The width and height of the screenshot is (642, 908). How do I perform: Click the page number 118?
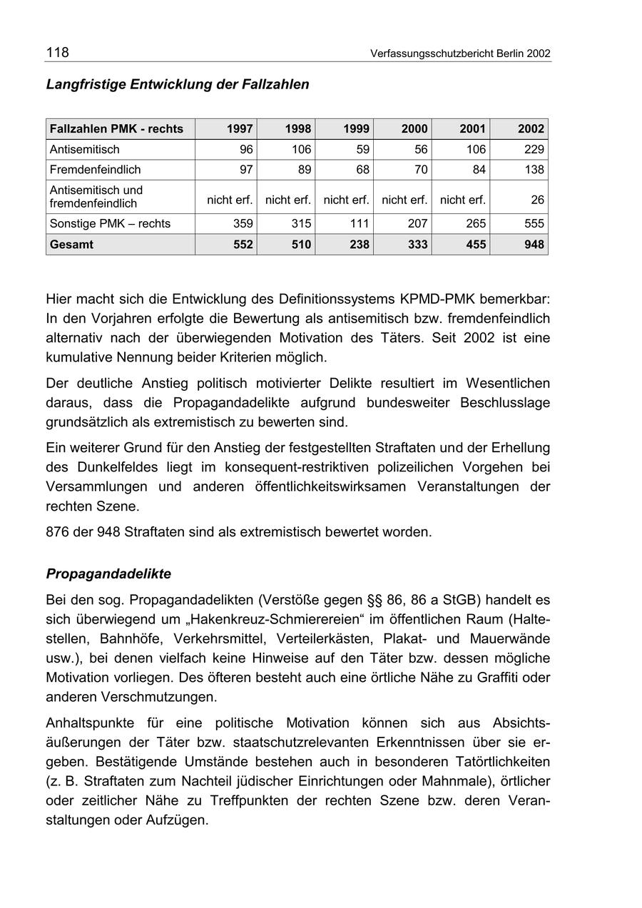pos(58,52)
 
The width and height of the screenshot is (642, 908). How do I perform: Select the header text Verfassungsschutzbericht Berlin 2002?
pos(460,53)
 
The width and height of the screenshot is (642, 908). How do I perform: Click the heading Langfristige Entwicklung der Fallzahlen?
pos(178,84)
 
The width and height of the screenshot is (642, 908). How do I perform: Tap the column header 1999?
pos(356,129)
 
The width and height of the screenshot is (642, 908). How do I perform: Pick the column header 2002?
pos(531,129)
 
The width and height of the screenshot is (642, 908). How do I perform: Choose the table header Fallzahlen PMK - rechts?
pos(116,129)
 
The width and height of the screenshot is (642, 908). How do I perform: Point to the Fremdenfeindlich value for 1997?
pos(243,170)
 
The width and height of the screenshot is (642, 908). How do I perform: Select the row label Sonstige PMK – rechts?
pos(110,223)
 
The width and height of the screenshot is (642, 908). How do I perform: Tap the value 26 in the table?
pos(537,200)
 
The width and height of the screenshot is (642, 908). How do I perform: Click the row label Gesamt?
pos(71,244)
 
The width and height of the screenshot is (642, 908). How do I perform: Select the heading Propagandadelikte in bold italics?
pos(108,573)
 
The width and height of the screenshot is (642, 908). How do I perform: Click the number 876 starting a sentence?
pos(57,531)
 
